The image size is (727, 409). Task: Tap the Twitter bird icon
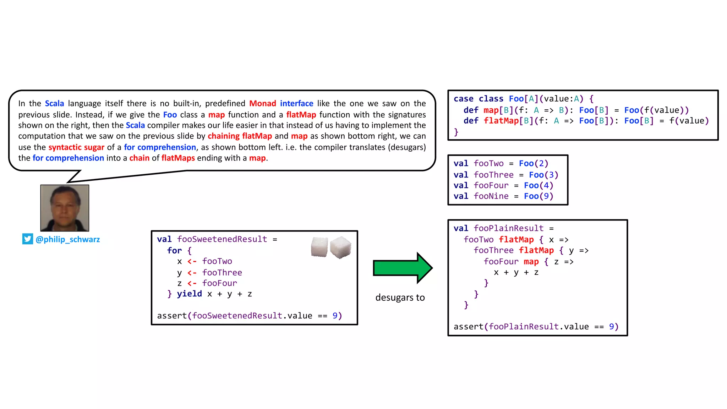[27, 239]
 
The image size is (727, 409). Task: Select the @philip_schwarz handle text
[68, 239]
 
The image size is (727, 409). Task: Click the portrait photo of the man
[65, 208]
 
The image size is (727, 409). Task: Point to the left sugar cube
[319, 247]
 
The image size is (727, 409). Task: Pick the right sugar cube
[340, 247]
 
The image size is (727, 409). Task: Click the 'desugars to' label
[400, 298]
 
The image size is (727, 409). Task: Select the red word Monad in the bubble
[262, 103]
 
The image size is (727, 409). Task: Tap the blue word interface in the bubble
[296, 103]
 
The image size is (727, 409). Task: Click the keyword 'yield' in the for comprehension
[189, 294]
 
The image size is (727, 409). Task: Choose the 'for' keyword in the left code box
[174, 250]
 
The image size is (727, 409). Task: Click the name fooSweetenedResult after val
[222, 239]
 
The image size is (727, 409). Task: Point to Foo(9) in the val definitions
[539, 196]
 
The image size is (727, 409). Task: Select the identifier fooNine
[491, 196]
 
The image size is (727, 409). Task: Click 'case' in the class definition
[463, 99]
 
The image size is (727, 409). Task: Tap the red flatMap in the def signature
[501, 121]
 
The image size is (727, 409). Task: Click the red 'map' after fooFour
[531, 262]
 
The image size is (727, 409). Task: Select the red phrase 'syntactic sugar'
[76, 147]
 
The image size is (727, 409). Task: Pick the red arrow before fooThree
[192, 272]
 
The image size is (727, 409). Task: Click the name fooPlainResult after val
[508, 228]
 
